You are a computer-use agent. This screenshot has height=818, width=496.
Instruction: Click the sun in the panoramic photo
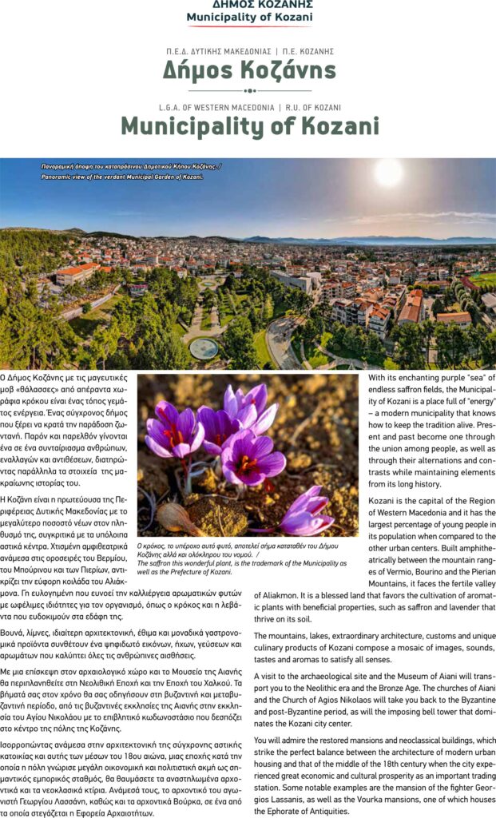(389, 173)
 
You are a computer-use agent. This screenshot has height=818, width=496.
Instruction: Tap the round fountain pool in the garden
(204, 347)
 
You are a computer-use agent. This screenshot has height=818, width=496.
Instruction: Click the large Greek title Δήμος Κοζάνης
(249, 71)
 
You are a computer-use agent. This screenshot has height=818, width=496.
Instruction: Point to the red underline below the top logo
(248, 26)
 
